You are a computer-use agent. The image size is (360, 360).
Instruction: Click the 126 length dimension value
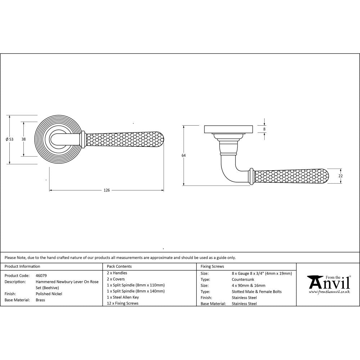107,190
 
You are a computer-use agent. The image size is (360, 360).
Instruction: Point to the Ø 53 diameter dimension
10,139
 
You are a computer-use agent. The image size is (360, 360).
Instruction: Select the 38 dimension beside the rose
23,139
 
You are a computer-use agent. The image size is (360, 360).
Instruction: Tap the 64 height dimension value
184,156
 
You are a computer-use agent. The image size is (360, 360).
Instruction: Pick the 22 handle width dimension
341,176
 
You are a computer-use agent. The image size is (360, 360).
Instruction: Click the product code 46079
41,275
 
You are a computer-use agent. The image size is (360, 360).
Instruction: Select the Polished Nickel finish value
49,294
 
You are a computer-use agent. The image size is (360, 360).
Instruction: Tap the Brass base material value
40,300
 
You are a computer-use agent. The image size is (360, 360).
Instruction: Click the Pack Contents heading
119,266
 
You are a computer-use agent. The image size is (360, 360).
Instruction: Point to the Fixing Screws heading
212,266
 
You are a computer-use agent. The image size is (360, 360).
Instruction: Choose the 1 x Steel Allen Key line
123,297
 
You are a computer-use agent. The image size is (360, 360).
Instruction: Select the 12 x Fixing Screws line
122,303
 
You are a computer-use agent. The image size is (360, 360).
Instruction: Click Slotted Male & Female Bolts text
257,292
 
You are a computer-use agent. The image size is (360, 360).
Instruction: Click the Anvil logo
328,283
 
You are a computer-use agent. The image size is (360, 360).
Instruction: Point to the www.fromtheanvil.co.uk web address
329,292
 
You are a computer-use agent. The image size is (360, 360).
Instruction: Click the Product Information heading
22,266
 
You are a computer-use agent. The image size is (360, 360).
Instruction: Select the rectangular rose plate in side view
229,129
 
